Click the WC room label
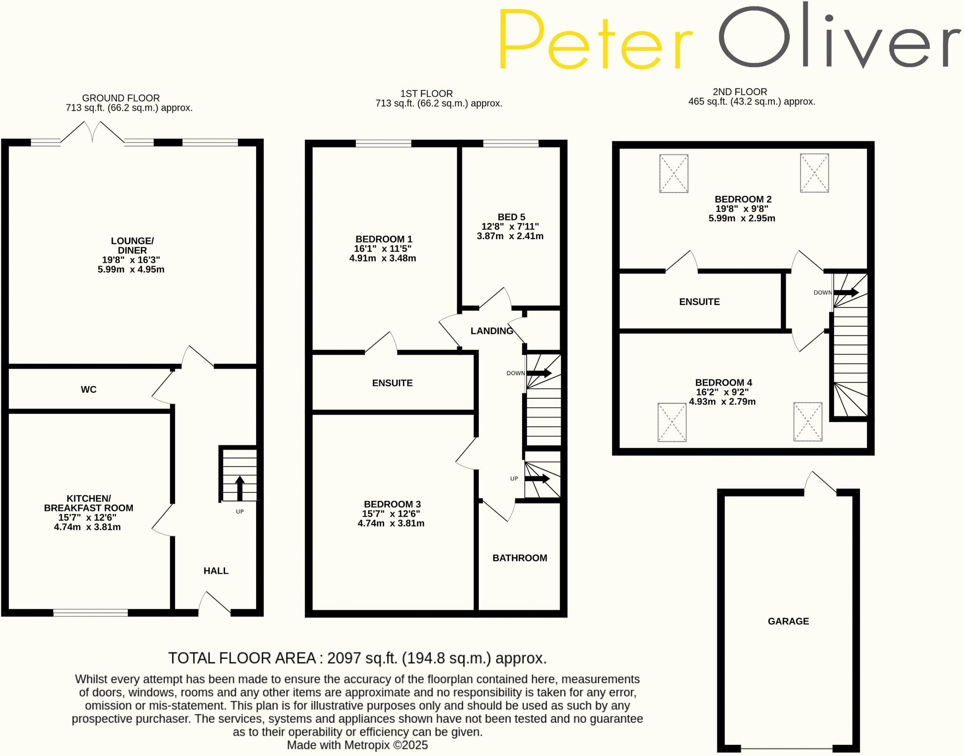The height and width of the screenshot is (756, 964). [x=88, y=389]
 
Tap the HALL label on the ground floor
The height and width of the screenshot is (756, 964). [x=216, y=571]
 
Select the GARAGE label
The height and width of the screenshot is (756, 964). [x=788, y=621]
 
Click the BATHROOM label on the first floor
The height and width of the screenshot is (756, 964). [x=520, y=558]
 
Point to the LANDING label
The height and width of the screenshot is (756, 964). [x=492, y=331]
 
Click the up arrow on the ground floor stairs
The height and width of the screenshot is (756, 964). [x=240, y=488]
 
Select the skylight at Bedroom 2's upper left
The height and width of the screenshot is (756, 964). [x=674, y=173]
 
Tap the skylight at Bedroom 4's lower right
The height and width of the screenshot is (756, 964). [x=808, y=421]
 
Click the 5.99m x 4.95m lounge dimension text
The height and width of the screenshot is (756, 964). [x=131, y=269]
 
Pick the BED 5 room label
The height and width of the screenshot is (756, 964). [x=511, y=217]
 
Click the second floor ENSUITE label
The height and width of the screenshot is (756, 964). [x=699, y=302]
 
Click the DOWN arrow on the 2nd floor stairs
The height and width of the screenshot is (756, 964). [x=846, y=292]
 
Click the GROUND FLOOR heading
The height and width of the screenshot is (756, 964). [x=121, y=98]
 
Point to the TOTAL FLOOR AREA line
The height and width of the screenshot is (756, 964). [x=357, y=658]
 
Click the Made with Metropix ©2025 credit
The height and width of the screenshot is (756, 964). [x=357, y=745]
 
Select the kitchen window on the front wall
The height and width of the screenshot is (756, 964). [x=90, y=612]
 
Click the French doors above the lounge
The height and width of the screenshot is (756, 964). [x=93, y=132]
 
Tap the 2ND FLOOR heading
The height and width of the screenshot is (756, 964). [x=739, y=92]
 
